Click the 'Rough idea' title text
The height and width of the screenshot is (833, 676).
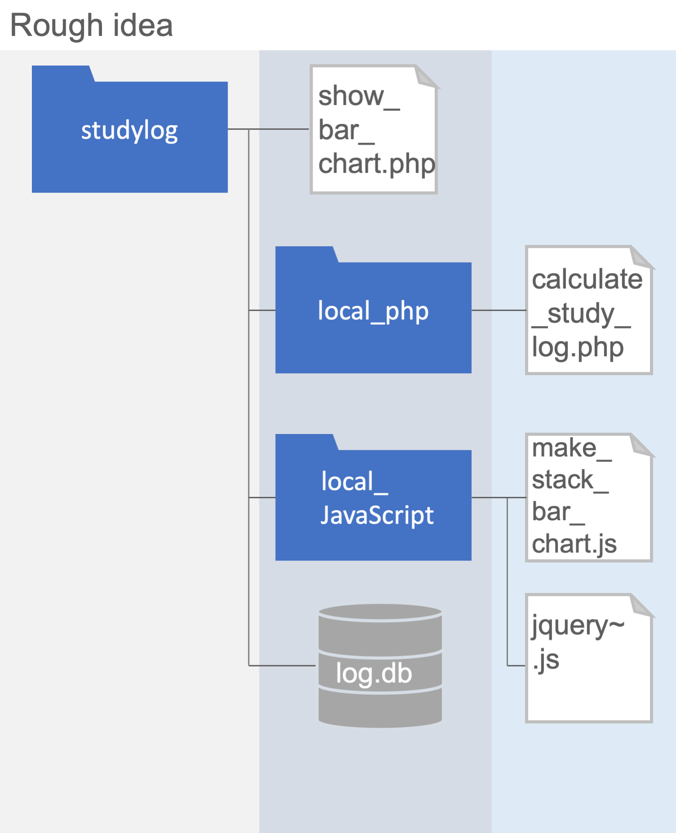91,26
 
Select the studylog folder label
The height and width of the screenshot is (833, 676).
129,131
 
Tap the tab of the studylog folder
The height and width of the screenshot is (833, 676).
62,74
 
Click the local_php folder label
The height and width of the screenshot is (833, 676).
373,311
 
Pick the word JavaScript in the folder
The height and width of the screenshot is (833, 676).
377,515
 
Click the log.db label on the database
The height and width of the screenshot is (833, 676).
374,673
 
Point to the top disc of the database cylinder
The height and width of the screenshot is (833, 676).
380,612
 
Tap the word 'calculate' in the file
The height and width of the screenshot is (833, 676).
587,280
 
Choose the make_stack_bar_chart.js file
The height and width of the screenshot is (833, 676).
588,497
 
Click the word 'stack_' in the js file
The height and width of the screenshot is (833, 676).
570,480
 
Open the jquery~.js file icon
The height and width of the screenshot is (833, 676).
588,658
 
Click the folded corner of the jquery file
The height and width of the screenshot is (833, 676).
641,605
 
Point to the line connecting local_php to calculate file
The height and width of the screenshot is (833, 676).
499,310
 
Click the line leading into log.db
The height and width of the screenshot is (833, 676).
282,666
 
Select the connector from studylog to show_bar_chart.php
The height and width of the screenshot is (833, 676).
278,129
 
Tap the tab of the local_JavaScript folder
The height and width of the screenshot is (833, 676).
305,442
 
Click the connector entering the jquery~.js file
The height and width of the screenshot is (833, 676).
516,666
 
